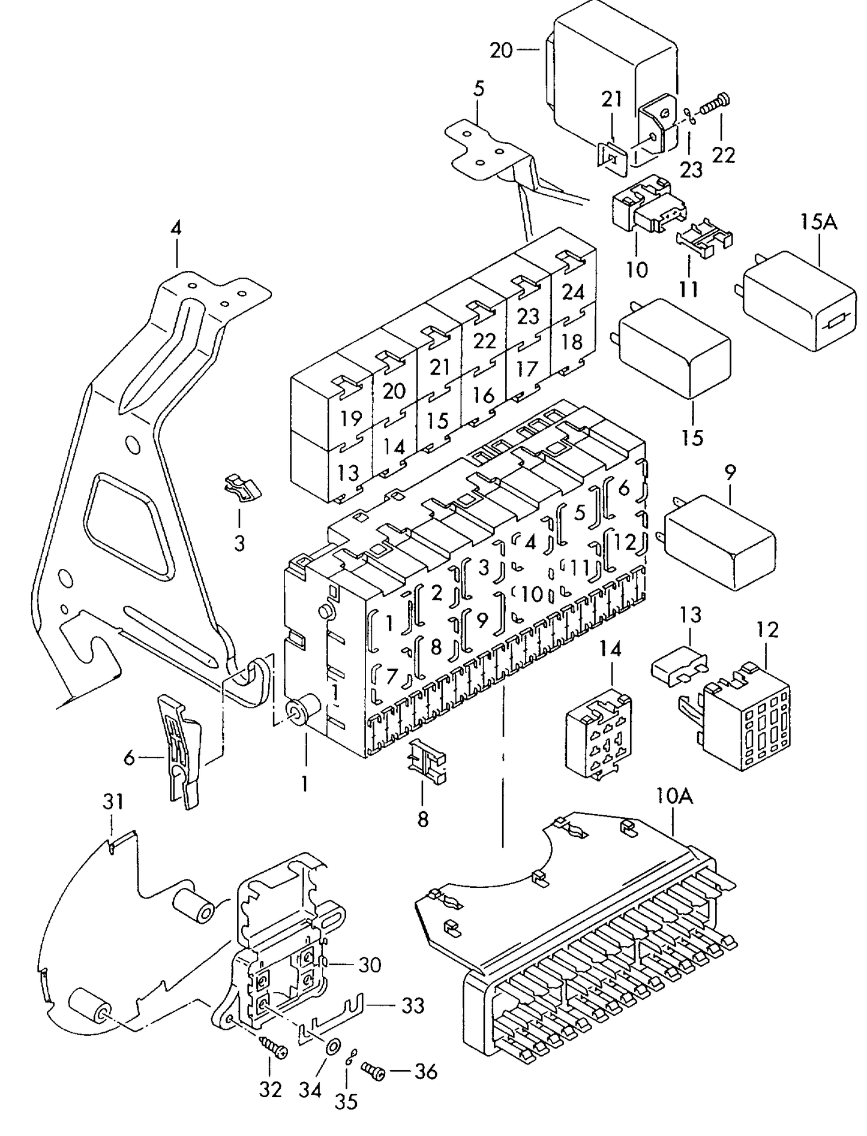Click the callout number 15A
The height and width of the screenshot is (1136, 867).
point(819,223)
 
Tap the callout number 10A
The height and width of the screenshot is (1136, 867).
point(674,797)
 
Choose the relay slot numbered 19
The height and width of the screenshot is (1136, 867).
point(351,418)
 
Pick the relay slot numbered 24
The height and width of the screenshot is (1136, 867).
point(573,292)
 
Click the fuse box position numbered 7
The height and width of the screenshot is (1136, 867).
point(391,676)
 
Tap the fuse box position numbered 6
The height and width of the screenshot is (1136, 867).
point(624,489)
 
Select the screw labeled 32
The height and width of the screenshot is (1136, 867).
point(273,1049)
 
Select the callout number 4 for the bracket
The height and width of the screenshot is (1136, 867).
point(175,228)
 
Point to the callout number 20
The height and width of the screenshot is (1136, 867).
point(502,50)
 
